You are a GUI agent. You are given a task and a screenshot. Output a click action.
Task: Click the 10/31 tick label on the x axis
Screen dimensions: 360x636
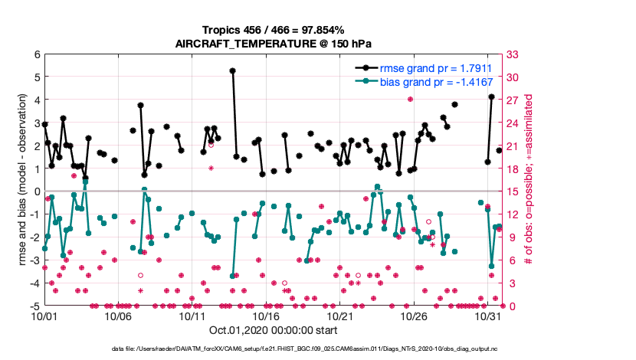tap(487, 316)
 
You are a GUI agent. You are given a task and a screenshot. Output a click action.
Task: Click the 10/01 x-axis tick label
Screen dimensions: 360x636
tap(44, 316)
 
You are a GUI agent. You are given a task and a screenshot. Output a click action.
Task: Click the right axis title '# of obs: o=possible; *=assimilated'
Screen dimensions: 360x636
tap(528, 180)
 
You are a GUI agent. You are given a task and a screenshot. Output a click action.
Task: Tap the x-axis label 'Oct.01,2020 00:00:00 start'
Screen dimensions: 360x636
tap(272, 331)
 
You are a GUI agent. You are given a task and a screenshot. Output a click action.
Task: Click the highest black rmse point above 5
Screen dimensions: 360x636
tap(232, 70)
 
